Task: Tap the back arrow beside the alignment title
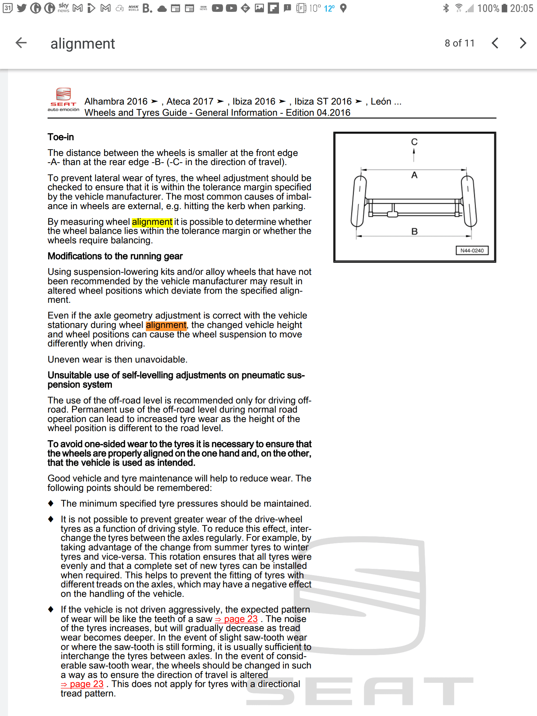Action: point(21,43)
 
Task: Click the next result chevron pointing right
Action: point(523,43)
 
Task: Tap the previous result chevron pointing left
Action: point(495,43)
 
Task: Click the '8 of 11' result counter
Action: point(459,43)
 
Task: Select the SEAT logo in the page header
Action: point(63,99)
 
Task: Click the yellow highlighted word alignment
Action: point(152,222)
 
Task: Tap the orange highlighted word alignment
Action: point(166,325)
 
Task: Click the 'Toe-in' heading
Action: point(61,137)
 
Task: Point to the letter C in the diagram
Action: point(414,142)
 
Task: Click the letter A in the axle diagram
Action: point(414,175)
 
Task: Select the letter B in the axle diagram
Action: point(415,231)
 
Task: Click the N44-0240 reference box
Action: point(472,251)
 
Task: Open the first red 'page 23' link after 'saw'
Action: point(237,619)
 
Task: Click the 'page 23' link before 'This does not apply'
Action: point(83,684)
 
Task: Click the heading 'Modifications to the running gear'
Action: point(115,256)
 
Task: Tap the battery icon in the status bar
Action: point(504,8)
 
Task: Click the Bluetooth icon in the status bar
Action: point(446,8)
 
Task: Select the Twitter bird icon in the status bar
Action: point(22,8)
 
